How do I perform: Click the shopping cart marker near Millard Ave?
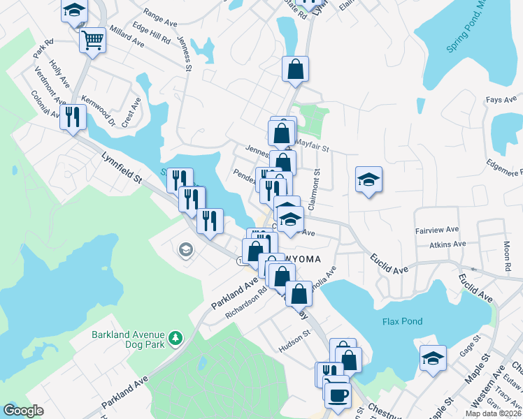(x=92, y=41)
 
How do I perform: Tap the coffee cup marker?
(x=338, y=395)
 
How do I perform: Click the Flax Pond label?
(x=402, y=321)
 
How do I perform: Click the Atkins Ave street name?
(x=448, y=244)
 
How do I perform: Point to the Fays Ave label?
(x=501, y=100)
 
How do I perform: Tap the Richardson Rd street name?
(x=246, y=304)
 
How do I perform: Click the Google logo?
(x=23, y=411)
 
